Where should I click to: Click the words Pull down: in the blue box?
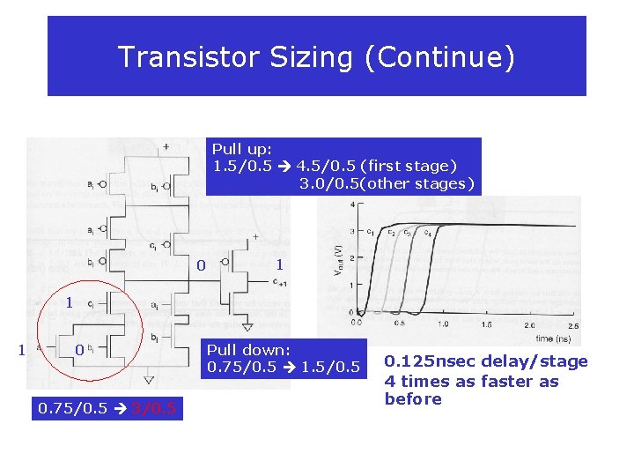248,349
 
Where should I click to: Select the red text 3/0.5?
154,408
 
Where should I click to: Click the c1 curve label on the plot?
371,232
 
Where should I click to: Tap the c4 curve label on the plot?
427,232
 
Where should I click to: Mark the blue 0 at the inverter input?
201,265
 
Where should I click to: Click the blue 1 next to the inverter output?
279,264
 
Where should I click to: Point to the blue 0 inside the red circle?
78,350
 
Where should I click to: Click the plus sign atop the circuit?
166,145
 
